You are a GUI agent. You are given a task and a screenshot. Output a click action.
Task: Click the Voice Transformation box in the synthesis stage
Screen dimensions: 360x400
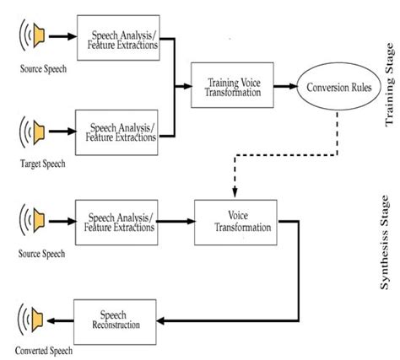[236, 223]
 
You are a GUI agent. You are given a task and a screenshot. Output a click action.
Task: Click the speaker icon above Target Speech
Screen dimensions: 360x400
[34, 132]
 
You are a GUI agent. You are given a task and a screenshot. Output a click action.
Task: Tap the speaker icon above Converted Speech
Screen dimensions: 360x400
[34, 320]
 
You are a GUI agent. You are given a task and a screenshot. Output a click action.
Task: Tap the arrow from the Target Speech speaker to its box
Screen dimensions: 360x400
[62, 132]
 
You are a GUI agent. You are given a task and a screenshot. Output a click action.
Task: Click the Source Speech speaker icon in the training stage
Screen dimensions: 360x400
[34, 36]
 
